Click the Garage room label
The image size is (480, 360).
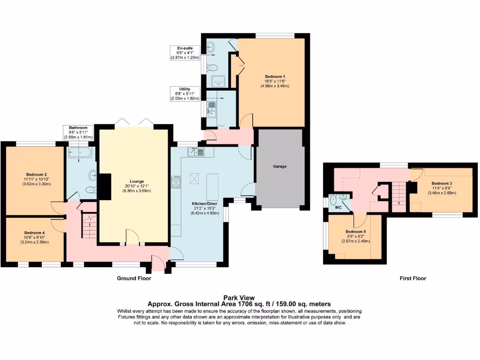point(280,166)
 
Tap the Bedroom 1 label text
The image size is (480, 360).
point(275,76)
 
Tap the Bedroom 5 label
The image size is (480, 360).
point(356,232)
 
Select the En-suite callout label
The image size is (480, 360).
point(185,48)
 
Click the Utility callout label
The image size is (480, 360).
point(185,89)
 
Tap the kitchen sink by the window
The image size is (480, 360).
point(196,152)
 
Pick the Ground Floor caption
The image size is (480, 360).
point(134,278)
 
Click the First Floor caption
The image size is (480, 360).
point(412,278)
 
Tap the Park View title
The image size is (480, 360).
point(239,297)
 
